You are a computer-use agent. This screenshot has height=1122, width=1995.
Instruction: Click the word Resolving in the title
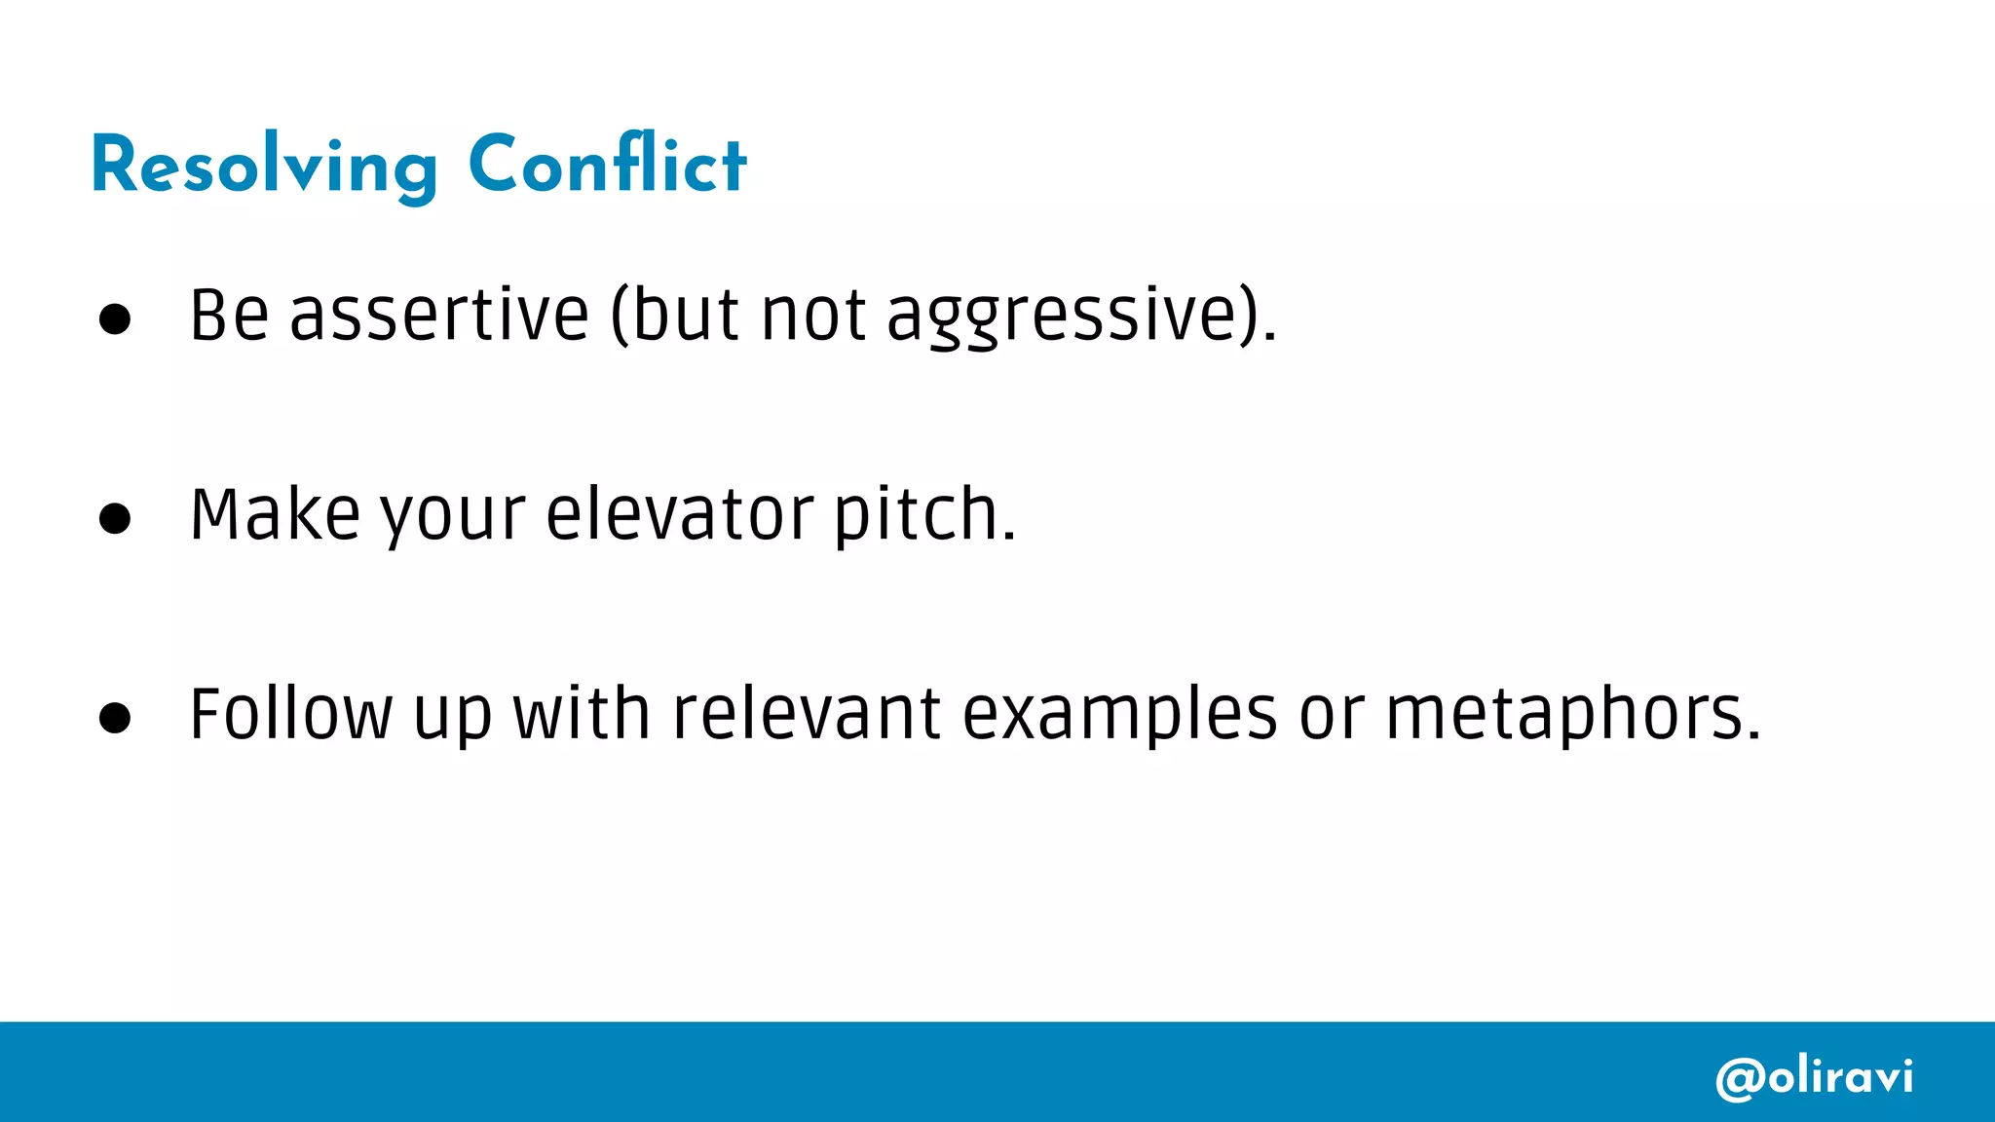(264, 167)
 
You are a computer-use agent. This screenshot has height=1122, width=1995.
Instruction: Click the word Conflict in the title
(607, 165)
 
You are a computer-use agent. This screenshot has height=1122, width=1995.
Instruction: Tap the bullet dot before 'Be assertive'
(115, 318)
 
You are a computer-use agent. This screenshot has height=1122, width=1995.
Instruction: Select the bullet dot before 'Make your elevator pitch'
(115, 518)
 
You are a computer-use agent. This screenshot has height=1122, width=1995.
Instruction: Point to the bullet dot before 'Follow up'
(115, 718)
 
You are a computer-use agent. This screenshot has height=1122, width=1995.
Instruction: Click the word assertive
(439, 316)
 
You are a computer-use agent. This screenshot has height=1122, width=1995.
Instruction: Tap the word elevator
(679, 515)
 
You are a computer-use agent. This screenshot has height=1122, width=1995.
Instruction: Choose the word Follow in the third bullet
(290, 715)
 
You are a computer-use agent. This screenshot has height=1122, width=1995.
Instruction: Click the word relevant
(807, 715)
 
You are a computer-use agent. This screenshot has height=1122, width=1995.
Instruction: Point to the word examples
(1119, 717)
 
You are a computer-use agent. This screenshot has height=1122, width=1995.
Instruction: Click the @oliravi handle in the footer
(1814, 1077)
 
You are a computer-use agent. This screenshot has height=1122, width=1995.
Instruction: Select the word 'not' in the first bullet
(813, 317)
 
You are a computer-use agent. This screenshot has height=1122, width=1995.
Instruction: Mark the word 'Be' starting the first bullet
(229, 316)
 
